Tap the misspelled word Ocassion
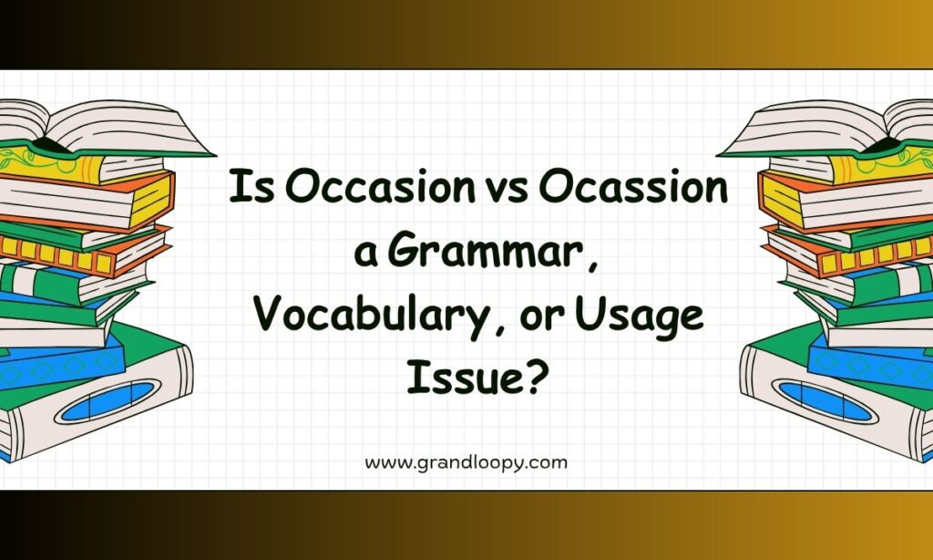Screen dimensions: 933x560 point(634,186)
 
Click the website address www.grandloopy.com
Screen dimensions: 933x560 point(466,463)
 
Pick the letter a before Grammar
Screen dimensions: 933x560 point(366,255)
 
